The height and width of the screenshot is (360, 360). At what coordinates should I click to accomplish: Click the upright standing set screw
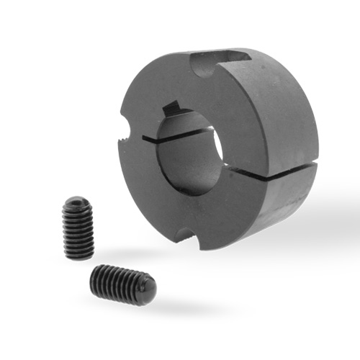click(78, 229)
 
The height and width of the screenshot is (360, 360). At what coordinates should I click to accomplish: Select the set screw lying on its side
click(122, 284)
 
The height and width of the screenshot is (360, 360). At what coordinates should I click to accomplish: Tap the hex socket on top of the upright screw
click(78, 204)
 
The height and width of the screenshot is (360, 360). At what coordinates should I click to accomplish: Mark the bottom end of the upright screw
click(78, 255)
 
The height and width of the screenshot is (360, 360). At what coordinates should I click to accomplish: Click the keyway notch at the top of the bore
click(173, 109)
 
